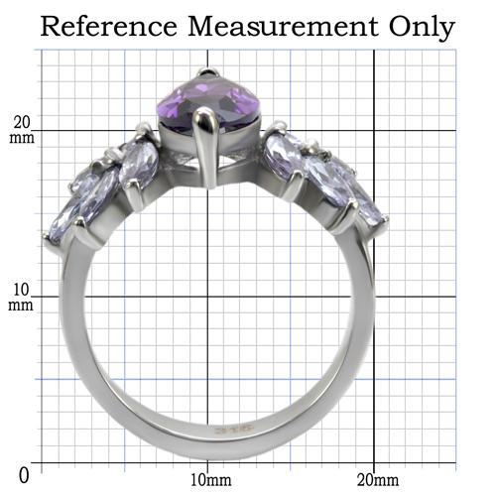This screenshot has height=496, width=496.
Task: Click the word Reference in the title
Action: (109, 27)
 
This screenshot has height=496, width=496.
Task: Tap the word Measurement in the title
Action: (283, 27)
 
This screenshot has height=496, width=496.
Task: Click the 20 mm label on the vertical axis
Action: (22, 130)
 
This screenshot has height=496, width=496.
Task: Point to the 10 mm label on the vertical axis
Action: (21, 297)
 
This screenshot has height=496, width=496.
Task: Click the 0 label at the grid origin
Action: (24, 476)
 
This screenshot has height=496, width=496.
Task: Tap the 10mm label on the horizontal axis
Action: (211, 480)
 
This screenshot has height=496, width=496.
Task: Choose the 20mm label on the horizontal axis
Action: (378, 480)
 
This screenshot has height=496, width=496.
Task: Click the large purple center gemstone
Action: (206, 100)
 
